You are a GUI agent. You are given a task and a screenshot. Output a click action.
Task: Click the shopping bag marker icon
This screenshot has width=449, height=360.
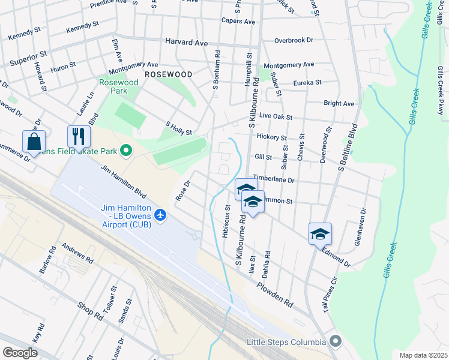click(34, 142)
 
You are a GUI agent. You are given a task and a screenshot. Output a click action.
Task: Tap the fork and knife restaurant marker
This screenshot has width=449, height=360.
click(79, 137)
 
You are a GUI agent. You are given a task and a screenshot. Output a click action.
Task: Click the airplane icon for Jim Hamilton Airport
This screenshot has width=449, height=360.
click(160, 214)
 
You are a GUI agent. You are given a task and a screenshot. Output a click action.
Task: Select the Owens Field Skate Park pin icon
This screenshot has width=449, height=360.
click(126, 150)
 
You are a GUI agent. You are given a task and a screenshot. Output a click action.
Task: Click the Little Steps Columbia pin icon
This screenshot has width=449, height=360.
click(335, 342)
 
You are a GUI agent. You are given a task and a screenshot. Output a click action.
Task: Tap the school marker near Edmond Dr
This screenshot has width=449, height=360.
click(320, 233)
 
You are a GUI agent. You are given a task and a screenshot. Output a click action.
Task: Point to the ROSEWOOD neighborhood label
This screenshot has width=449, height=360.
click(168, 74)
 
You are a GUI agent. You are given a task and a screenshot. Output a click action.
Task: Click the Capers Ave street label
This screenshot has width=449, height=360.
click(238, 21)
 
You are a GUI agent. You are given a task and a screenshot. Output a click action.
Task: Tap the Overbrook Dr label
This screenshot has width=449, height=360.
click(294, 40)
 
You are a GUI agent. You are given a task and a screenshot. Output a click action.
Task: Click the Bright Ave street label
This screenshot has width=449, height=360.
click(339, 103)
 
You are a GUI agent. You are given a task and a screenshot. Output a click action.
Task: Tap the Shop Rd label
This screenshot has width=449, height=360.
click(91, 310)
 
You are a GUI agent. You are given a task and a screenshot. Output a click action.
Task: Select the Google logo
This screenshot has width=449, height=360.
click(20, 352)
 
